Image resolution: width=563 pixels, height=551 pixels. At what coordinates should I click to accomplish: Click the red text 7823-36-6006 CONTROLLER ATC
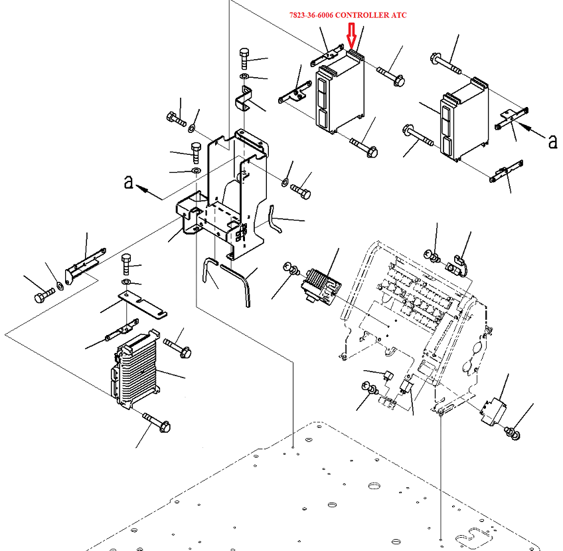coord(348,15)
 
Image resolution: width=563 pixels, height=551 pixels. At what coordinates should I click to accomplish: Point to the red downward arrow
coord(353,35)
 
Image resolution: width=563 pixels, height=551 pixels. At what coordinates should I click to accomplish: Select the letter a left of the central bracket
coord(129,181)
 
